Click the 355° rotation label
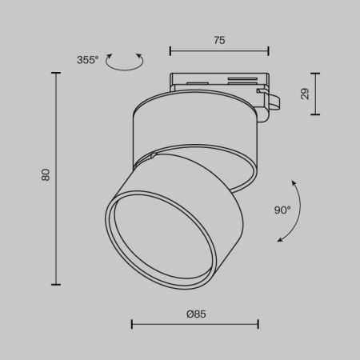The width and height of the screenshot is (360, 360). [x=88, y=60]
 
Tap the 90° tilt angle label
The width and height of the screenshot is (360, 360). [x=282, y=210]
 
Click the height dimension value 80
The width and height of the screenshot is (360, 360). [x=46, y=174]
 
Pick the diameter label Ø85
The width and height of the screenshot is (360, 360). [x=195, y=314]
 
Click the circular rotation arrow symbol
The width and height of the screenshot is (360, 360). [x=124, y=62]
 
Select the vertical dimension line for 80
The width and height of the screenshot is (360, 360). [x=56, y=178]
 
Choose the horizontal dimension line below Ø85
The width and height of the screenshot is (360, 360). [x=195, y=324]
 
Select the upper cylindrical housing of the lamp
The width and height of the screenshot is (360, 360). [x=194, y=124]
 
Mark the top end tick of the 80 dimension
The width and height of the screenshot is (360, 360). [x=56, y=73]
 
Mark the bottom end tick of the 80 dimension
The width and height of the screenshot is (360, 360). [x=56, y=284]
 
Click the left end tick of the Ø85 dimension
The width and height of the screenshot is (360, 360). [x=132, y=324]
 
